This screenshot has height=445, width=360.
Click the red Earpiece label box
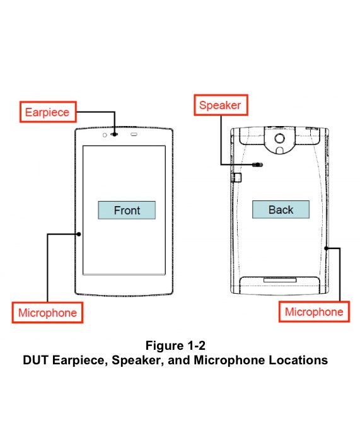coord(47,113)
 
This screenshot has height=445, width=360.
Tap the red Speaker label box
coord(219,105)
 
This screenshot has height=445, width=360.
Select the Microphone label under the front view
coord(47,313)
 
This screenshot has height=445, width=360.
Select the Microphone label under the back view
coord(314,311)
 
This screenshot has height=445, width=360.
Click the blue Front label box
coord(126,211)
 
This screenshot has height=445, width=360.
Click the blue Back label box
coord(281,210)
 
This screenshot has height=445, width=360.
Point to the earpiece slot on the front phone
coord(115,134)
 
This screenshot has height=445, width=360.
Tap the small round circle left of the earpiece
coord(103,134)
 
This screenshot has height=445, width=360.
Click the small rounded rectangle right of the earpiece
coord(134,134)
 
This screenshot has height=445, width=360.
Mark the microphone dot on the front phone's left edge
coord(79,234)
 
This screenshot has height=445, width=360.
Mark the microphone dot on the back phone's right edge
coord(326,248)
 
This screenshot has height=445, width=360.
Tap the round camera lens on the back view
coord(279,137)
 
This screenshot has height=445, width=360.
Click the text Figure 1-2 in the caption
coord(175,345)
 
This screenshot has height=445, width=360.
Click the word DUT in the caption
coord(35,361)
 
